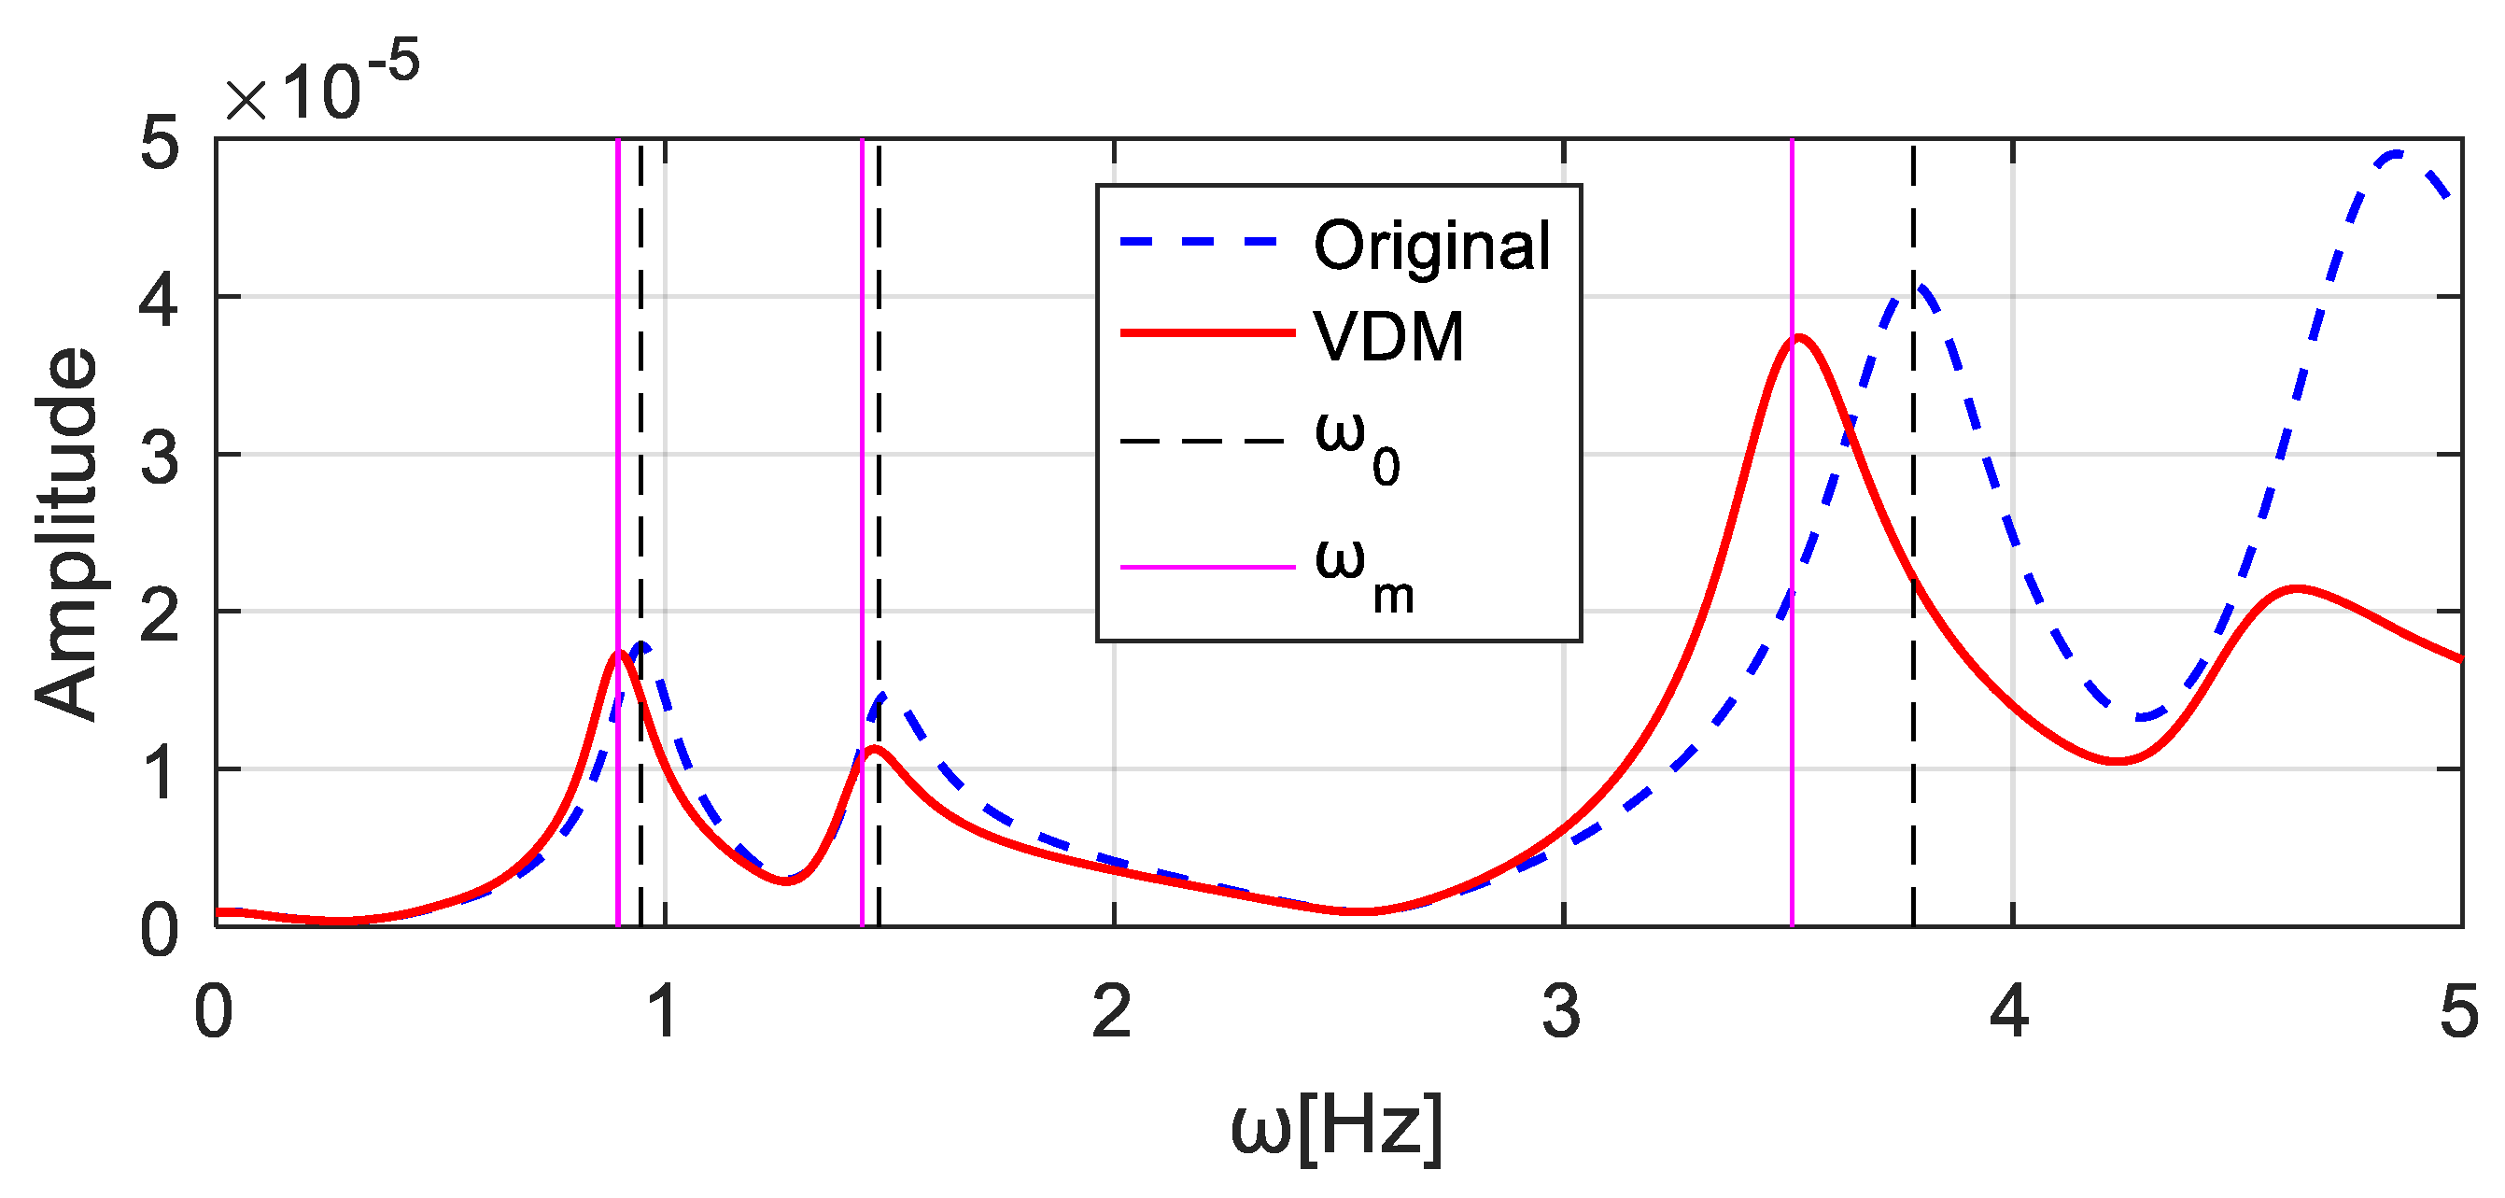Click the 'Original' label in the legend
pos(1431,246)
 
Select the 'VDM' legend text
pos(1388,337)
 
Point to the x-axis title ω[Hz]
pos(1336,1128)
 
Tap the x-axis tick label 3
pos(1562,1011)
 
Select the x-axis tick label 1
pos(664,1011)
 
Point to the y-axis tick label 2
pos(160,614)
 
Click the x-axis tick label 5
pos(2459,1011)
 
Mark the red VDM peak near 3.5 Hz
pos(1800,337)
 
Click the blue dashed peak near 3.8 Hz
pos(1918,287)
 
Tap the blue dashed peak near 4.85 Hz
pos(2398,152)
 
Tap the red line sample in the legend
pos(1207,332)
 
